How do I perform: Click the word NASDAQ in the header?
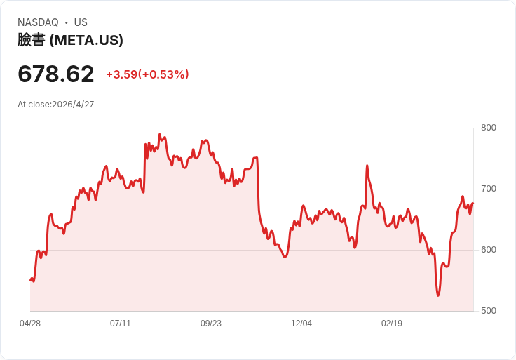38,22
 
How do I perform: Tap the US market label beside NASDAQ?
81,22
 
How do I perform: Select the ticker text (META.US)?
86,40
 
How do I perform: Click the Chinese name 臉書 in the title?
31,40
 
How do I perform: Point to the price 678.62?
56,74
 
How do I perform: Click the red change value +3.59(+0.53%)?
147,74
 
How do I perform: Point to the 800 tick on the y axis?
488,128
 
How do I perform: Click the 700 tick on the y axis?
488,189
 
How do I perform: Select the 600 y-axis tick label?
488,250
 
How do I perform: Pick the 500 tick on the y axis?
488,311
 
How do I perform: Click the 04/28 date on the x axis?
30,324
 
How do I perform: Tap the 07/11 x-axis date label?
121,324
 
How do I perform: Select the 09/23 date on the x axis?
211,324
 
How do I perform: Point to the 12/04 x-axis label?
301,324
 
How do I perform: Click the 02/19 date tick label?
392,324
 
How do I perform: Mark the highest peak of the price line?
160,134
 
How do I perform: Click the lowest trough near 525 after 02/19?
438,295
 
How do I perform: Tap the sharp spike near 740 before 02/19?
367,166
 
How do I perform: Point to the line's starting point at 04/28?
31,280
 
